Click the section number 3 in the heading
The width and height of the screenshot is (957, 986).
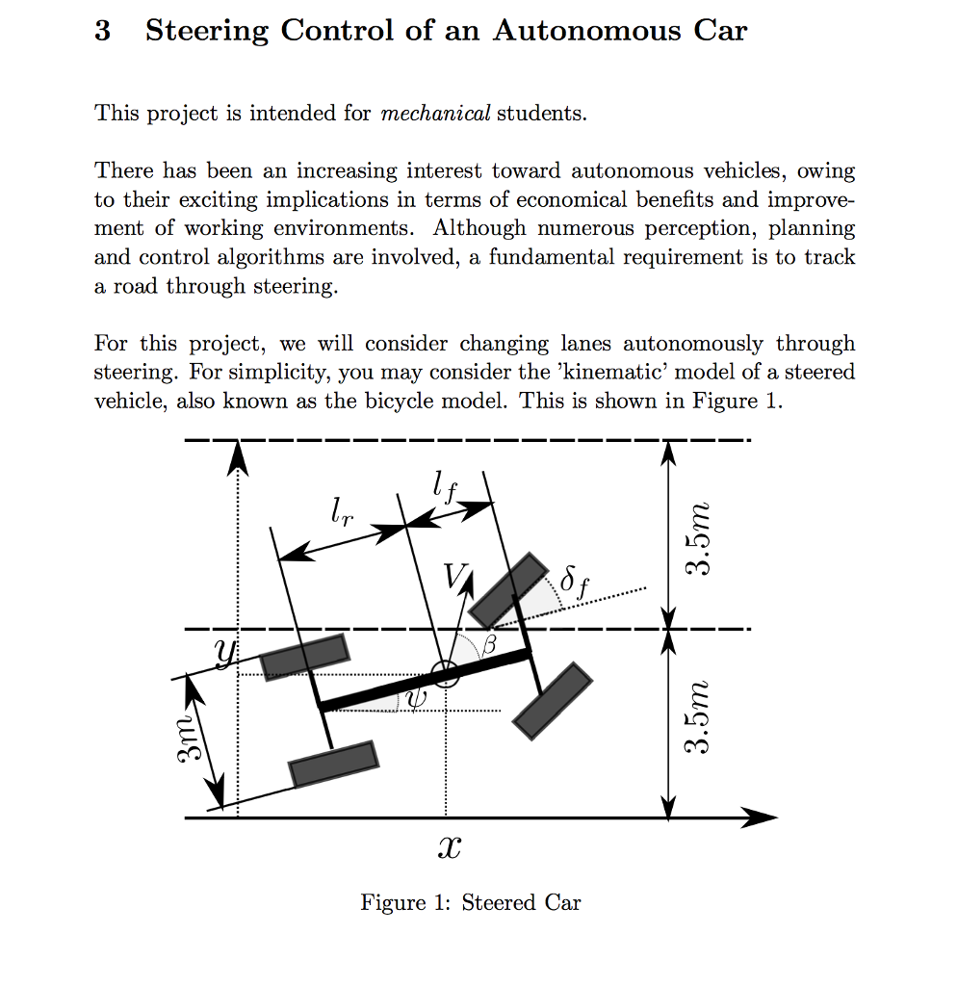102,31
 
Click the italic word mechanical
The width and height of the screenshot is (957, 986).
435,114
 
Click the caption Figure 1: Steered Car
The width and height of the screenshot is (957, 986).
471,902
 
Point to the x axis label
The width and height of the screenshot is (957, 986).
449,848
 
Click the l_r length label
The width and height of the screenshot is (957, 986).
341,509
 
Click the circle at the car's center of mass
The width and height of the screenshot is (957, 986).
445,675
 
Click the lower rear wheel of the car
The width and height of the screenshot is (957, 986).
333,764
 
